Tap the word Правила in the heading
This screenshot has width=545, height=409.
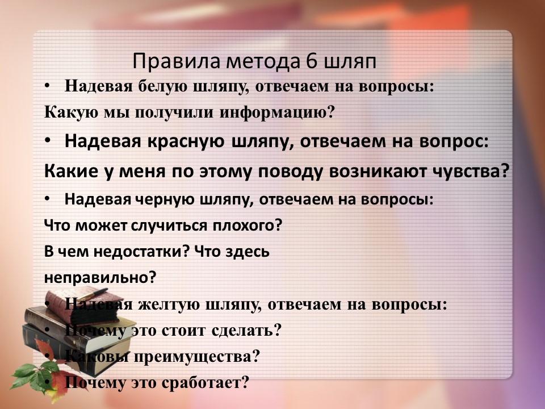coord(177,61)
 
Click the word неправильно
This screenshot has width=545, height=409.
coord(100,278)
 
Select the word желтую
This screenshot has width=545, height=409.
coord(168,304)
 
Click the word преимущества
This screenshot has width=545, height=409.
coord(197,357)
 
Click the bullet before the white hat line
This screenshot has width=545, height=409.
coord(47,86)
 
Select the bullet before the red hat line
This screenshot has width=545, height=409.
coord(48,141)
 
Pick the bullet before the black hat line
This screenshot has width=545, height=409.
coord(47,199)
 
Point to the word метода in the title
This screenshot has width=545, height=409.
coord(263,61)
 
